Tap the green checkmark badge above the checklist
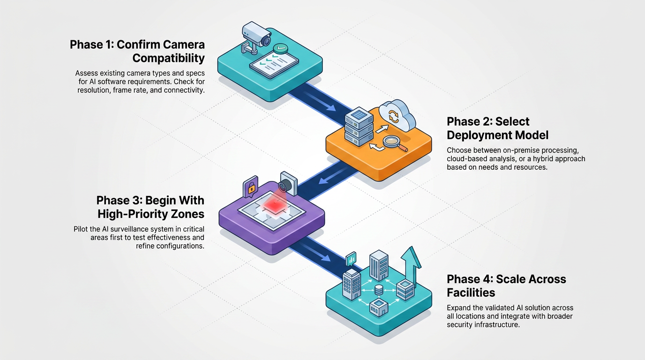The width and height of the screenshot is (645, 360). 280,48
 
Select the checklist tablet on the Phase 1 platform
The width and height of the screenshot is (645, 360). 274,65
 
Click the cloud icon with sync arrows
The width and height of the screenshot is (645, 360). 397,115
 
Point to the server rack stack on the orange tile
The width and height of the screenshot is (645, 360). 359,127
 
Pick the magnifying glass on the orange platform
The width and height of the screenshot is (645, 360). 395,143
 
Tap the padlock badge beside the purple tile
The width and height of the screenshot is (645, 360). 250,187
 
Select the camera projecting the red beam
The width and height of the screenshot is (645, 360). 288,183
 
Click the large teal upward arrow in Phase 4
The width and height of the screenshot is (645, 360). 412,266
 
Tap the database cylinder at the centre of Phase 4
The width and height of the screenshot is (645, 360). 379,290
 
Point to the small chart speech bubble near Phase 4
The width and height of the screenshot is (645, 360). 351,259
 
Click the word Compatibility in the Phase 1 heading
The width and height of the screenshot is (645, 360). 168,58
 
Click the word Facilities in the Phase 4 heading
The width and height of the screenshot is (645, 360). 471,292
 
